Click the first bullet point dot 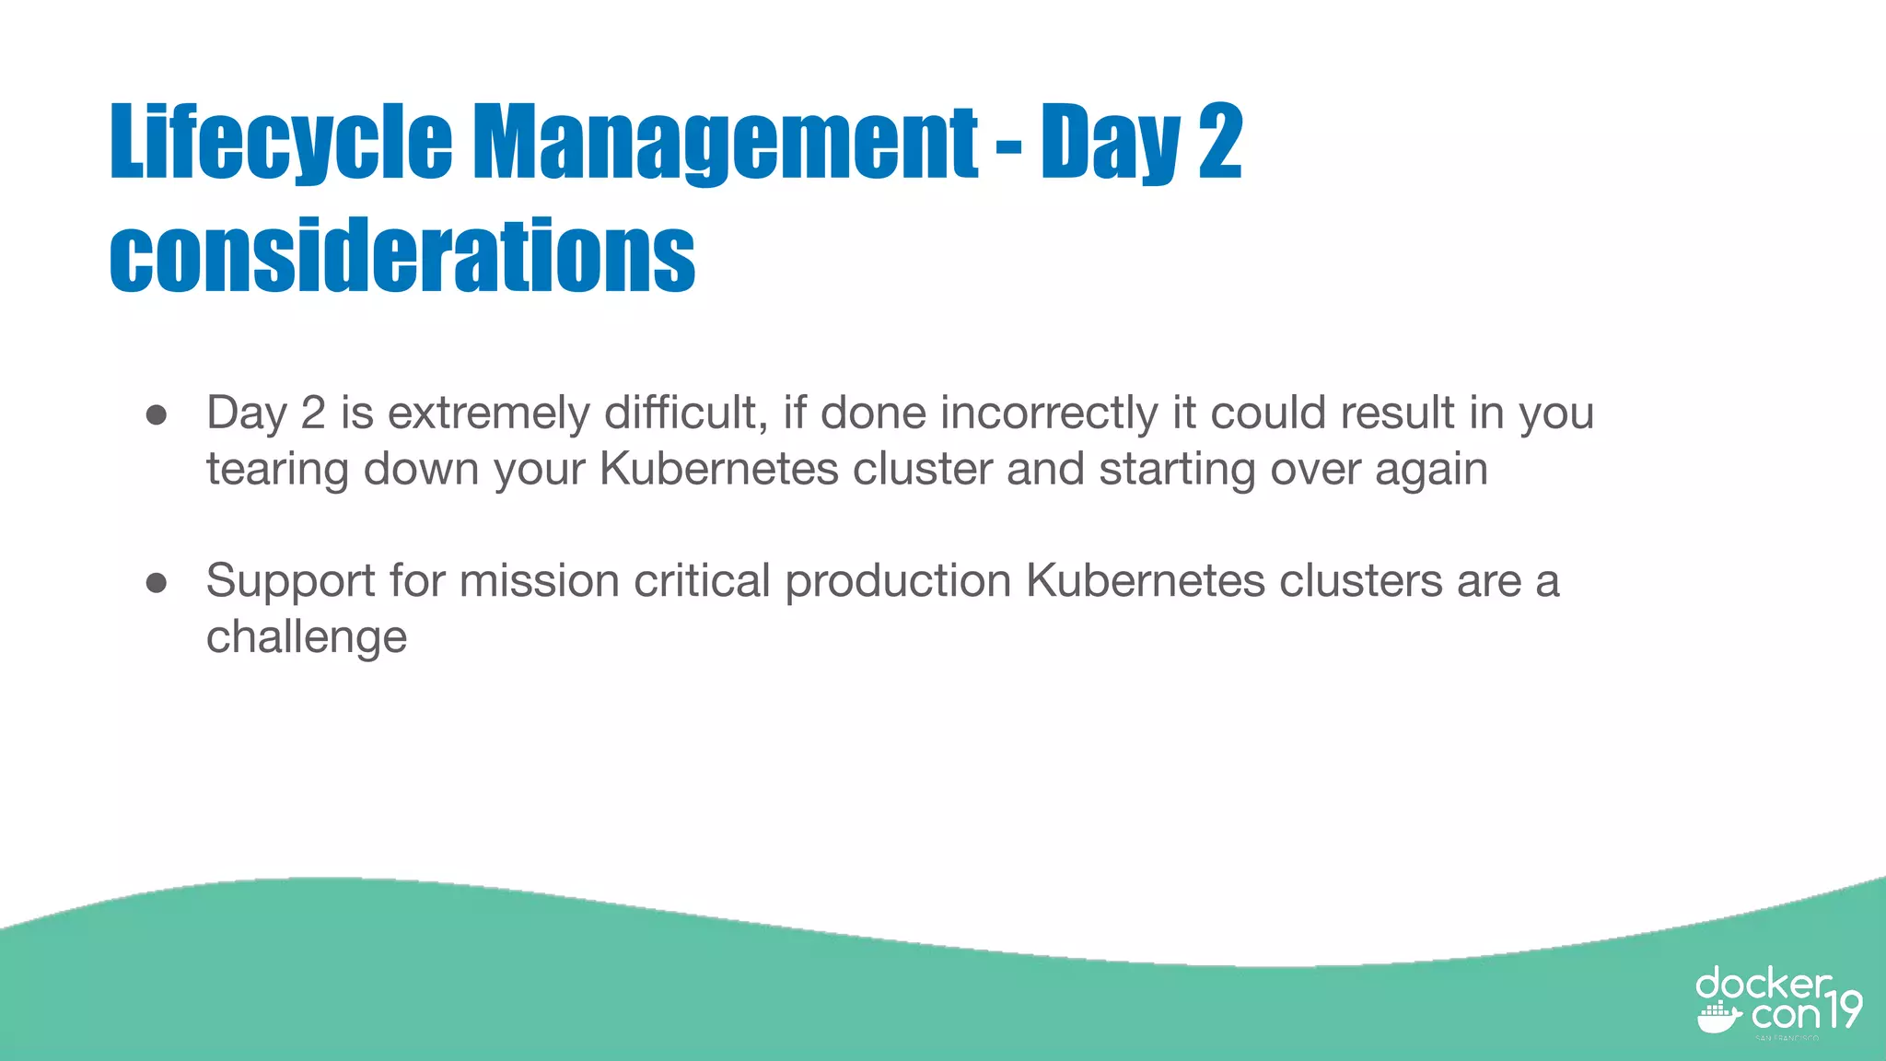tap(157, 415)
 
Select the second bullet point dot tap(157, 583)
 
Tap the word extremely tap(488, 413)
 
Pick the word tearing tap(277, 470)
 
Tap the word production tap(898, 582)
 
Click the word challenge tap(307, 637)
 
